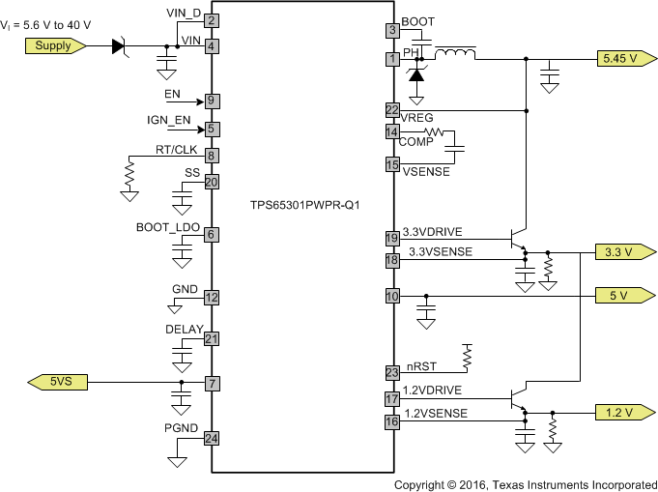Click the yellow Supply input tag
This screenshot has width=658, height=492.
coord(54,45)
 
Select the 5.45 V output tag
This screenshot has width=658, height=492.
coord(617,59)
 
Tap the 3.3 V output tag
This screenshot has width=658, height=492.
coord(617,252)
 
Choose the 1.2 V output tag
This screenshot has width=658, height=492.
coord(617,413)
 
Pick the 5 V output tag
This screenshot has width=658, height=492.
coord(617,296)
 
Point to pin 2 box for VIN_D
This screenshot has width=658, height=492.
coord(210,20)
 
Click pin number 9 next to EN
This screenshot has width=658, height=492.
coord(210,101)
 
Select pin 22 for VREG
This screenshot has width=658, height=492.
coord(392,110)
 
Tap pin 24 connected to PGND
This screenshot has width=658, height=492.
coord(210,438)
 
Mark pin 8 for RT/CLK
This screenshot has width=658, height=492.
coord(210,155)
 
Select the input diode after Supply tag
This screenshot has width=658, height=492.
coord(120,45)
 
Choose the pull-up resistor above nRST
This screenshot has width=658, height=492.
coord(468,357)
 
